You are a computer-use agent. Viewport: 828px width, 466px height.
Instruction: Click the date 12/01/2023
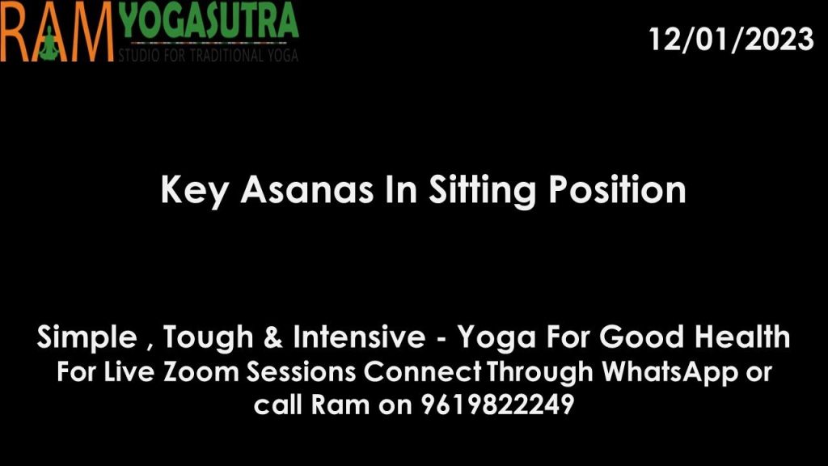point(731,39)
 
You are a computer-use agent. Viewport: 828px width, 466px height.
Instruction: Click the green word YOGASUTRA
point(209,21)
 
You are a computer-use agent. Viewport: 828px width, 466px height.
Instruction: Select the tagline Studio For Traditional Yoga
point(209,55)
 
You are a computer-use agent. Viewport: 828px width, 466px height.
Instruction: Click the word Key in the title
point(194,190)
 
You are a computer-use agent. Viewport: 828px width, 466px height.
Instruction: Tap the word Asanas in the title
point(306,189)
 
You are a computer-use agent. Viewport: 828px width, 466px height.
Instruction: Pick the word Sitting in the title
point(482,190)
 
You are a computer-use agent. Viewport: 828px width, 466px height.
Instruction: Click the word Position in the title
point(617,189)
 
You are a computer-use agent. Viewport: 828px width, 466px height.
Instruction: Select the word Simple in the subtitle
point(87,337)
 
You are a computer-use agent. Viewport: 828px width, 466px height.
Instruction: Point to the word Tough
point(208,337)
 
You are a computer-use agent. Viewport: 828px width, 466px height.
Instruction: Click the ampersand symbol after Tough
point(273,337)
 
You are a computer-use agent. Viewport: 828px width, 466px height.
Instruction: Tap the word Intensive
point(359,337)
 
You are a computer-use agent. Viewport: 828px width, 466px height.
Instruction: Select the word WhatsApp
point(670,372)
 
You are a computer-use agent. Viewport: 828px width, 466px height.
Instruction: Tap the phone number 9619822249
point(497,405)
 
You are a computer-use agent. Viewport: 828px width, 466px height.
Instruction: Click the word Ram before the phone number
point(340,405)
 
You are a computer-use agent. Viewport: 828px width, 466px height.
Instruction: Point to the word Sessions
point(301,371)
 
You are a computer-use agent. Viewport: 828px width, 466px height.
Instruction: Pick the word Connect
point(422,371)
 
